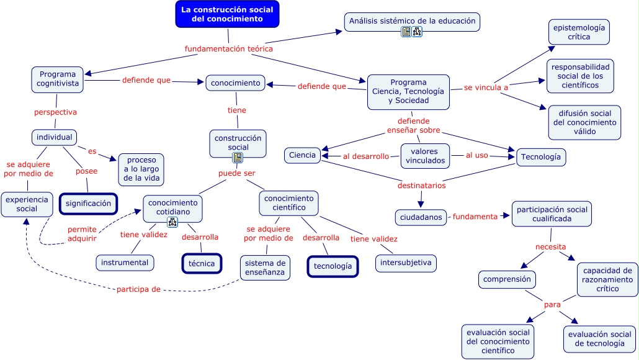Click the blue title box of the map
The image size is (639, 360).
pyautogui.click(x=227, y=14)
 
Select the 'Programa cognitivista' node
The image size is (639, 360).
pyautogui.click(x=57, y=79)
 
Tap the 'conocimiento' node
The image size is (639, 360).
pyautogui.click(x=235, y=83)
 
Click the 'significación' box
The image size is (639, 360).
pyautogui.click(x=89, y=204)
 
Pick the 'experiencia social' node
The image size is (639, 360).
pyautogui.click(x=27, y=204)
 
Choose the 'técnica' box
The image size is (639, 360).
pyautogui.click(x=202, y=263)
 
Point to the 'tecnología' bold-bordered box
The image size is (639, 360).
pyautogui.click(x=333, y=266)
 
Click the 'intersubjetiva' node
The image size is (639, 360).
pyautogui.click(x=406, y=263)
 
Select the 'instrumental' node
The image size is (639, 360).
pyautogui.click(x=125, y=263)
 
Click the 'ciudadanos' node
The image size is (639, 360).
pyautogui.click(x=421, y=217)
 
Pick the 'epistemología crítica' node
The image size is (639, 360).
pyautogui.click(x=579, y=32)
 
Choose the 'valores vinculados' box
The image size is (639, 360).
pyautogui.click(x=426, y=156)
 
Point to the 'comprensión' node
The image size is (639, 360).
pyautogui.click(x=507, y=279)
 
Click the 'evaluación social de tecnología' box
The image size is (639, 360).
pyautogui.click(x=600, y=339)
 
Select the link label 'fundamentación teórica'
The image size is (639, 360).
pyautogui.click(x=229, y=48)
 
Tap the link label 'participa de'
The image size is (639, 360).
pyautogui.click(x=138, y=289)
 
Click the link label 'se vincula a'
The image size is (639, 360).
pyautogui.click(x=486, y=88)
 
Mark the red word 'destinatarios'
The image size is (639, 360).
pyautogui.click(x=421, y=185)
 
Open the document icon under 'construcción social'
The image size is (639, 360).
pyautogui.click(x=238, y=158)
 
